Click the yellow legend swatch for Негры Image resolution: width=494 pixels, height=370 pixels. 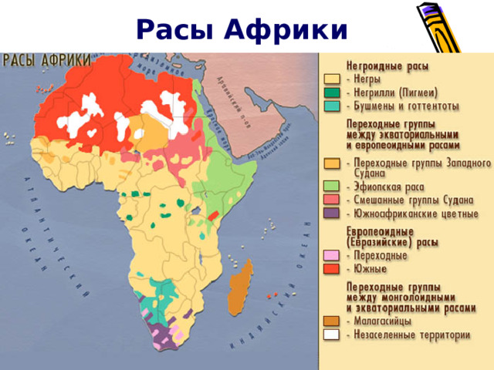pyautogui.click(x=331, y=79)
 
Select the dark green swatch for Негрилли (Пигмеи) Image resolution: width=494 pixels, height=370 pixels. pyautogui.click(x=331, y=92)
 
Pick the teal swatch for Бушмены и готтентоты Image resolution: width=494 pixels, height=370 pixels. pyautogui.click(x=331, y=106)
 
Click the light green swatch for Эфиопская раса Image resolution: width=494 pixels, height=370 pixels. pyautogui.click(x=331, y=186)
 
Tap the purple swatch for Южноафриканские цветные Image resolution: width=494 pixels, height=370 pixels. pyautogui.click(x=331, y=213)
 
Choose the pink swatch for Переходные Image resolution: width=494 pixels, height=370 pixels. pyautogui.click(x=331, y=255)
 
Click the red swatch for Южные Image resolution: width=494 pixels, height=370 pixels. pyautogui.click(x=331, y=268)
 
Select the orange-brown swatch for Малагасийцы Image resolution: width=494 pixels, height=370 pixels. pyautogui.click(x=331, y=321)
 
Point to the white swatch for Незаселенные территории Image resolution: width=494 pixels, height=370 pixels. pyautogui.click(x=331, y=335)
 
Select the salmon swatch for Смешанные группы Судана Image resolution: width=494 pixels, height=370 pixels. pyautogui.click(x=331, y=199)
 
